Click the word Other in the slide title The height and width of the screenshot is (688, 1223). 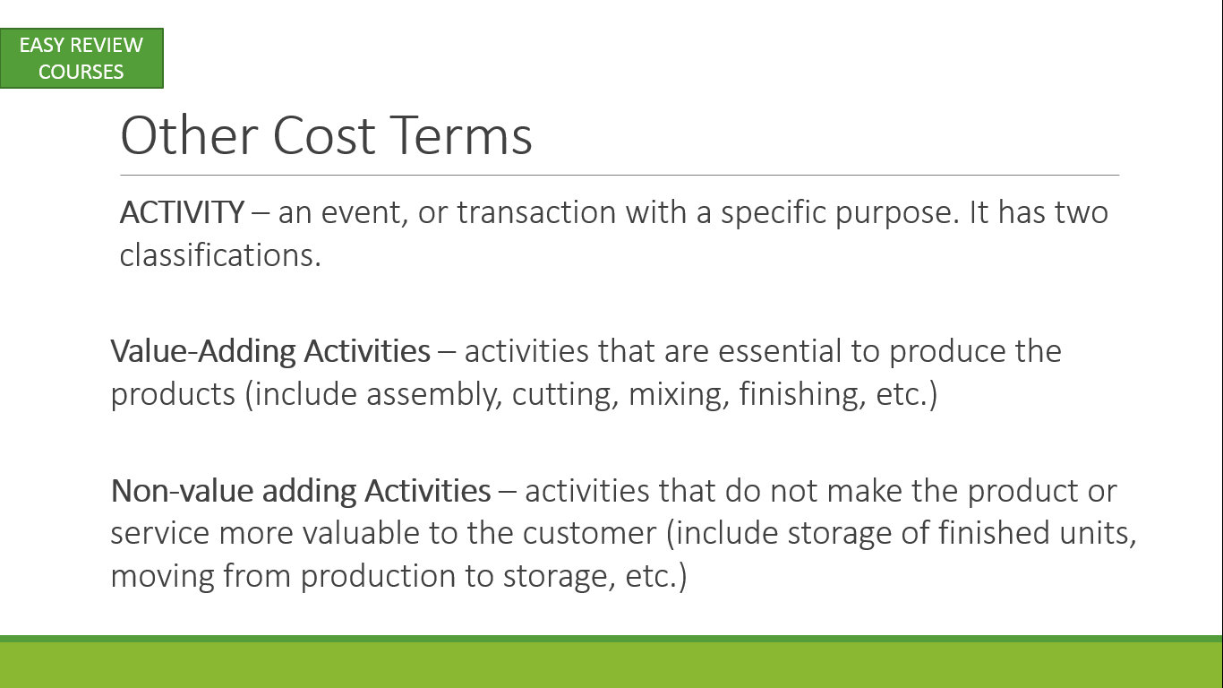(x=189, y=135)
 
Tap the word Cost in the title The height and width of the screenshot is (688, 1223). (x=324, y=135)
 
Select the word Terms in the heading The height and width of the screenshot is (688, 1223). (x=461, y=135)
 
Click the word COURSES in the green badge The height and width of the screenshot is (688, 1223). (x=81, y=72)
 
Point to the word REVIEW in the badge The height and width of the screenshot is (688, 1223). (x=107, y=45)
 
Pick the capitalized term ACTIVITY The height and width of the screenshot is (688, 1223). (x=182, y=212)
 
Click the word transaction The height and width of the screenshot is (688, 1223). (x=536, y=212)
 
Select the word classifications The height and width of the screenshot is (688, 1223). (x=220, y=254)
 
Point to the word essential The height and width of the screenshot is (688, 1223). (x=780, y=351)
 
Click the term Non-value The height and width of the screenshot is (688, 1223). (x=182, y=491)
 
